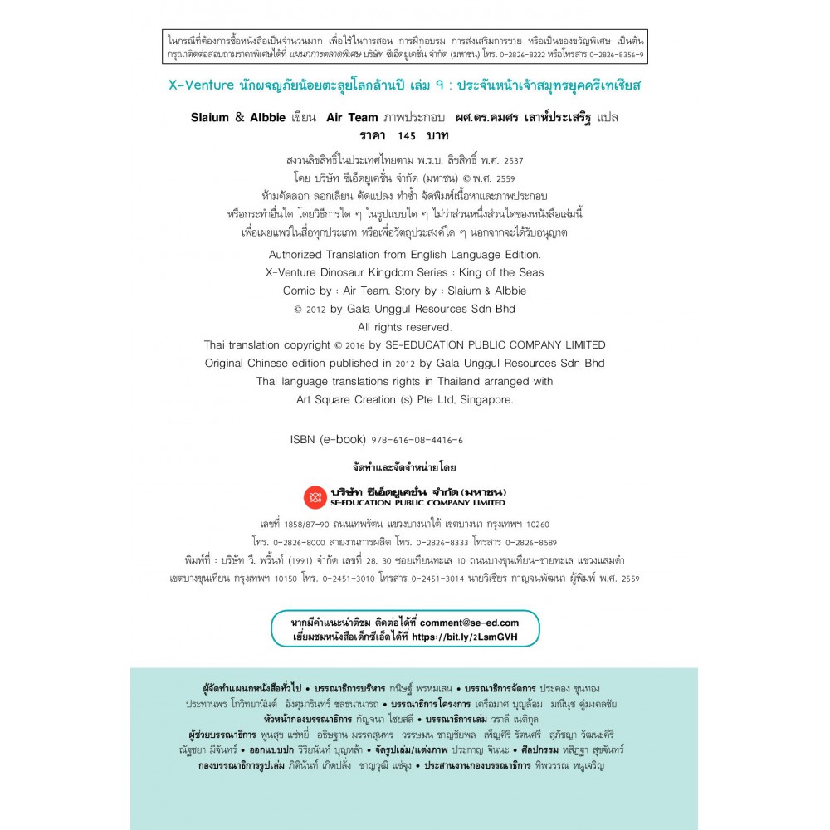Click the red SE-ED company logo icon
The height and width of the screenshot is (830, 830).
(x=315, y=497)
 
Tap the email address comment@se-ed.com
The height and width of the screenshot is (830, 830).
(x=469, y=622)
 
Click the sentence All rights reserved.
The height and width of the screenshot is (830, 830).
(x=404, y=327)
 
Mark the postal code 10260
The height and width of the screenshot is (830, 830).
(x=532, y=525)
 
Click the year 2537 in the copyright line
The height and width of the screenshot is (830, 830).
(x=509, y=160)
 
